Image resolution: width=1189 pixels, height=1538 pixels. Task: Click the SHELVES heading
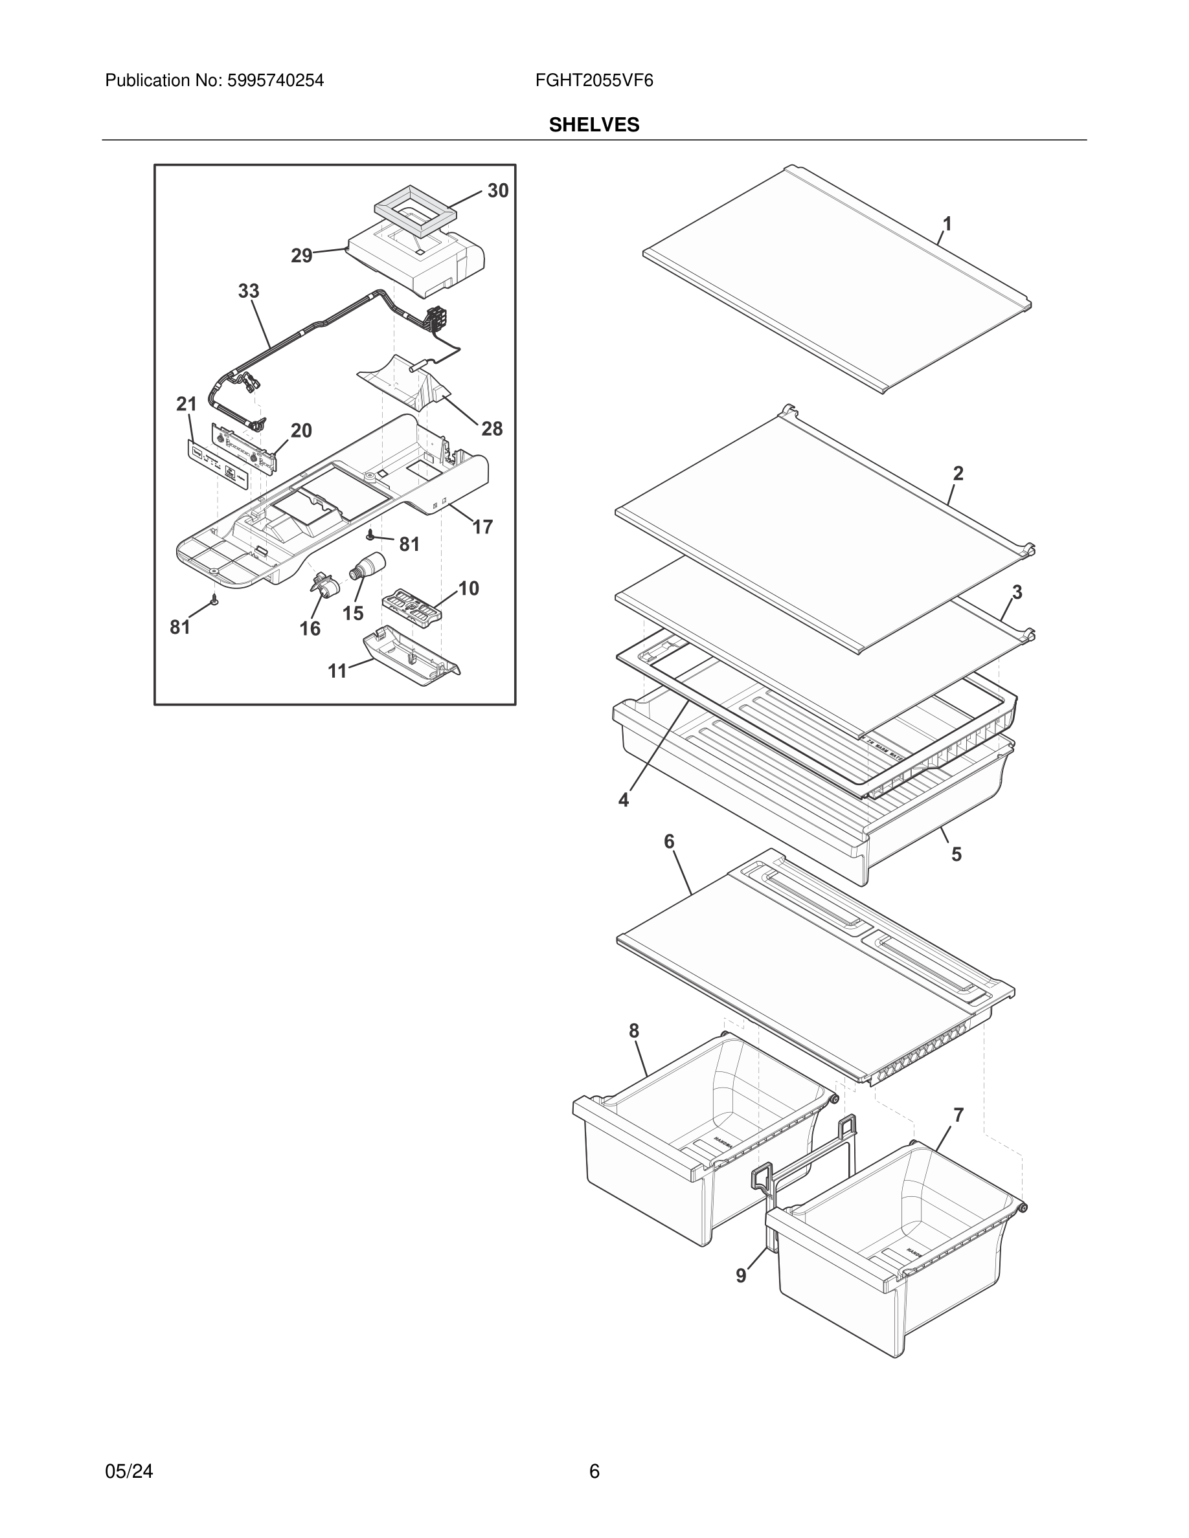tap(594, 125)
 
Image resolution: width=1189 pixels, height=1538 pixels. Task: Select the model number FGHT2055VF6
tap(594, 81)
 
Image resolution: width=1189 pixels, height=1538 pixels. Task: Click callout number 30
tap(498, 191)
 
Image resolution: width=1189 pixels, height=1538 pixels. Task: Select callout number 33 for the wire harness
tap(248, 291)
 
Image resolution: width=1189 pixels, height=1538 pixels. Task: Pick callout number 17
tap(482, 527)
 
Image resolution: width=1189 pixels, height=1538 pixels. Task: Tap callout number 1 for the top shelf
tap(947, 224)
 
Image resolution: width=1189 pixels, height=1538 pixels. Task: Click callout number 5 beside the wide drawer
tap(957, 854)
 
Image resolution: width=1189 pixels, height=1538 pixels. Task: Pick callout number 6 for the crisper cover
tap(669, 841)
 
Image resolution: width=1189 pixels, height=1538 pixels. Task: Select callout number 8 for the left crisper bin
tap(634, 1031)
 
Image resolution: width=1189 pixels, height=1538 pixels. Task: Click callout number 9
tap(741, 1275)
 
